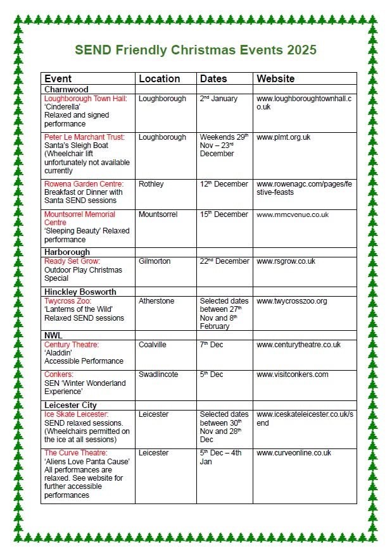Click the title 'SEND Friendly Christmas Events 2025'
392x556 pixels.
click(x=196, y=50)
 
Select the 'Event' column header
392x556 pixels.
click(x=58, y=79)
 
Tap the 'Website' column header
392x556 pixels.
click(x=275, y=79)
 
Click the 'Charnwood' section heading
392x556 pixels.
click(x=66, y=90)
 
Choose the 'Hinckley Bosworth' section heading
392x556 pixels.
click(x=80, y=292)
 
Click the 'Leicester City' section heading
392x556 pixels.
click(x=70, y=405)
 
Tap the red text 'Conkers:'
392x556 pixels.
click(x=60, y=374)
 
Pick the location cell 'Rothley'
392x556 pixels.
click(x=151, y=184)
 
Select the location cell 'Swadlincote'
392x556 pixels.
click(x=158, y=374)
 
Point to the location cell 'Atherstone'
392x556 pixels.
click(x=156, y=301)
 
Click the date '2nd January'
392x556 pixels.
click(x=218, y=99)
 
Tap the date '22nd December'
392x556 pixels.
click(x=224, y=261)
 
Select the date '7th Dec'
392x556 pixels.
click(x=212, y=345)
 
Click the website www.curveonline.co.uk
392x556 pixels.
click(x=294, y=453)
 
